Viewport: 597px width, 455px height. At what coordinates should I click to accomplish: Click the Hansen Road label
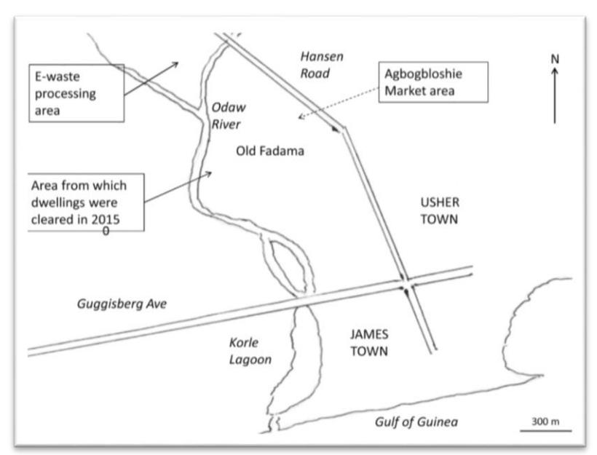click(322, 65)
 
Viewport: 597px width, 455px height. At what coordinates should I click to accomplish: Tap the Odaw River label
click(228, 115)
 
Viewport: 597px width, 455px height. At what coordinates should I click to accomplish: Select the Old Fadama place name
click(270, 151)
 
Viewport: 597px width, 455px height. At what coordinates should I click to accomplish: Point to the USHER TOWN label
click(440, 210)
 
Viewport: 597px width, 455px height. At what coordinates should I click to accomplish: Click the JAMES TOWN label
click(369, 343)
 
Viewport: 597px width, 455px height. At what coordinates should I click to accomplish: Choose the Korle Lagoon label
click(250, 351)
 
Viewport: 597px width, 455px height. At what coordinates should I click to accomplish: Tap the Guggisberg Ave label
click(122, 304)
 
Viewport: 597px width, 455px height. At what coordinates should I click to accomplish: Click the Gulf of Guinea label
click(416, 422)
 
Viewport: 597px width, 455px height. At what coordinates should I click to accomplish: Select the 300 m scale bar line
click(545, 431)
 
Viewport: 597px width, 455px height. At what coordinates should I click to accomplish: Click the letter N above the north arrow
click(555, 59)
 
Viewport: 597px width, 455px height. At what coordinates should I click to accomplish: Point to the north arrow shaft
click(555, 95)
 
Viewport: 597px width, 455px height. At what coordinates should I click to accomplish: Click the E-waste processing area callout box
click(76, 93)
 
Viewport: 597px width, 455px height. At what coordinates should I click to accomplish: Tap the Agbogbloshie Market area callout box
click(433, 82)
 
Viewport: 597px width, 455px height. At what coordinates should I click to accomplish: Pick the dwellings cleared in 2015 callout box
click(86, 202)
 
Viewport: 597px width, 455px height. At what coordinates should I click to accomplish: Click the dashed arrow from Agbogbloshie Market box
click(338, 103)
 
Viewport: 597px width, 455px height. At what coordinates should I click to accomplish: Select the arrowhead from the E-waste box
click(175, 65)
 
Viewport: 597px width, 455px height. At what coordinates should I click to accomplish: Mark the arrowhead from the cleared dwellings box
click(208, 174)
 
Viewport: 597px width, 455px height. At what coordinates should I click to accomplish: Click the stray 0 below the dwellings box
click(106, 231)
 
